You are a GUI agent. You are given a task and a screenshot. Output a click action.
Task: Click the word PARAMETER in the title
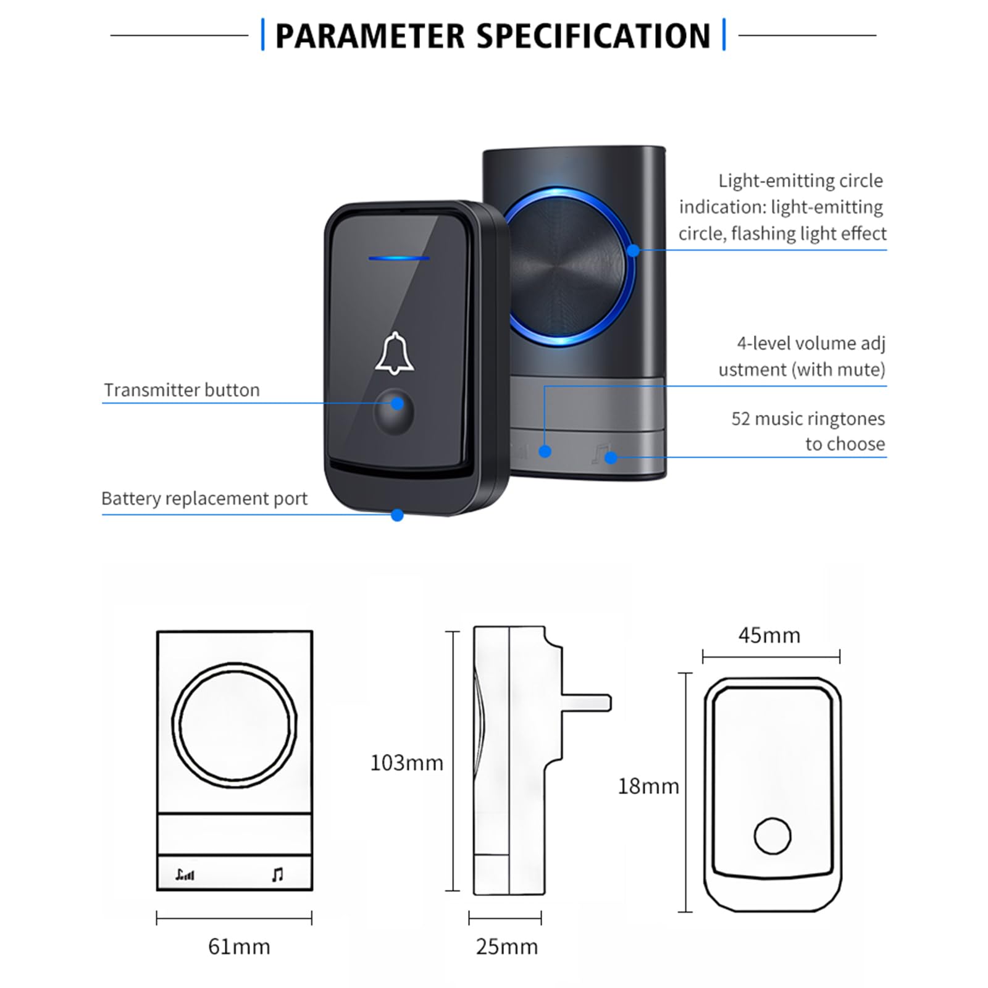tap(369, 36)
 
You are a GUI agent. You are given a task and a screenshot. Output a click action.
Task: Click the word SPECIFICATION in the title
tap(593, 36)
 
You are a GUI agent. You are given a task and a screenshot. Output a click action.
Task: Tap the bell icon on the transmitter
tap(395, 354)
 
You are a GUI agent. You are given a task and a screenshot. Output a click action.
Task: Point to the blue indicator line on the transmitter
tap(399, 257)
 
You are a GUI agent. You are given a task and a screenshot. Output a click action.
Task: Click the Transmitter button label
tap(182, 390)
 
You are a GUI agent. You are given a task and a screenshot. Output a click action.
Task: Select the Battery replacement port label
tap(204, 498)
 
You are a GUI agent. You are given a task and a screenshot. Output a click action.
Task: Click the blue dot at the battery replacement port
tap(398, 515)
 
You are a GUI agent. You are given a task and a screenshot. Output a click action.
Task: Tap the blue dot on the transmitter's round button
tap(398, 404)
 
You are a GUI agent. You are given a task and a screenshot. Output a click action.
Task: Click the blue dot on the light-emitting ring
tap(634, 250)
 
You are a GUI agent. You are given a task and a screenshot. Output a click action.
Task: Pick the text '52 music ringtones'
tap(808, 419)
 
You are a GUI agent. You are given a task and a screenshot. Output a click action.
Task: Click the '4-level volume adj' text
tap(811, 343)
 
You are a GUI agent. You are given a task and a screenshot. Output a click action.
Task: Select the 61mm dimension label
tap(239, 947)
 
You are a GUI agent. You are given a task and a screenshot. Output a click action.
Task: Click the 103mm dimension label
tap(406, 763)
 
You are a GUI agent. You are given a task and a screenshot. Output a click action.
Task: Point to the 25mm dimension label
tap(506, 947)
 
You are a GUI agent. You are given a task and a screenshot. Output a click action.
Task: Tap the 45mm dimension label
tap(769, 635)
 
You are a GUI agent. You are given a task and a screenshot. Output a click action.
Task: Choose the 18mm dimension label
tap(648, 786)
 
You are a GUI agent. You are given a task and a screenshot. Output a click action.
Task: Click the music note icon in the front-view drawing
tap(278, 874)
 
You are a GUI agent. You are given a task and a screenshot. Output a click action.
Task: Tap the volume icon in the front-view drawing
tap(185, 874)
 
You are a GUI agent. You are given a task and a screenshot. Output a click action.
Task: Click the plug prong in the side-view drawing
tap(587, 703)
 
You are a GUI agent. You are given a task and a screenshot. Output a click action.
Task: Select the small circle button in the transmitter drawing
tap(772, 836)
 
